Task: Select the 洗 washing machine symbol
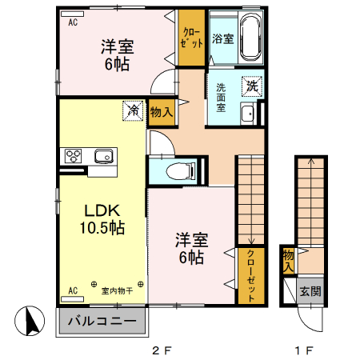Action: click(x=252, y=85)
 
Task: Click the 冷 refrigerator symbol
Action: click(x=133, y=110)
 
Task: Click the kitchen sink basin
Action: click(x=103, y=155)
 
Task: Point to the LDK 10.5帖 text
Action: click(x=102, y=218)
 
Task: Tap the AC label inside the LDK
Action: click(x=73, y=290)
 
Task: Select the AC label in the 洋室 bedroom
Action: click(x=73, y=22)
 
